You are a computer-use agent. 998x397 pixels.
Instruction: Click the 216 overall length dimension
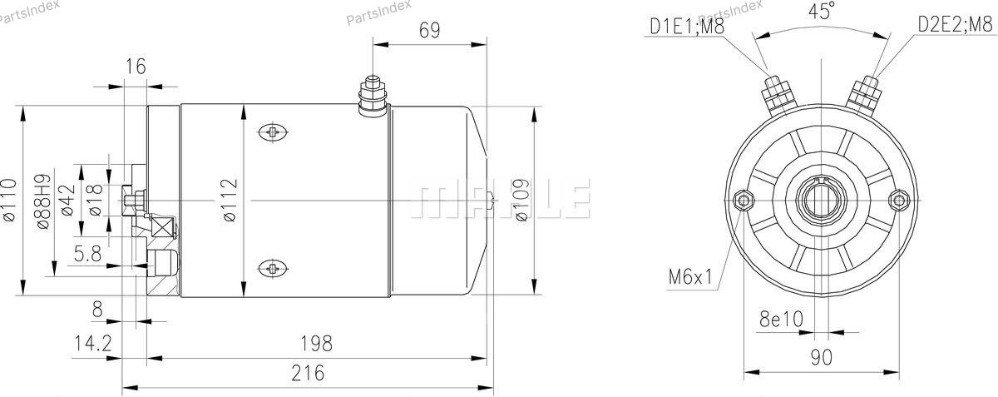[308, 373]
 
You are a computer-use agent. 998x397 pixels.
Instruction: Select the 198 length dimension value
[316, 344]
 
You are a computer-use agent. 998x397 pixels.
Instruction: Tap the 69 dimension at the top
[429, 30]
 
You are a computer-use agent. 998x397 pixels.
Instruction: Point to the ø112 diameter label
[230, 201]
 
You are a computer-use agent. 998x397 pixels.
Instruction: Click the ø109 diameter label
[521, 201]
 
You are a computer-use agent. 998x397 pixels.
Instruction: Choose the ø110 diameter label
[9, 201]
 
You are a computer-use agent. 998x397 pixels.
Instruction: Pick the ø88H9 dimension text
[43, 201]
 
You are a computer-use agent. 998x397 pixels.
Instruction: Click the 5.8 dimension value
[88, 254]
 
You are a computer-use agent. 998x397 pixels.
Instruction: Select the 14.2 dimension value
[92, 344]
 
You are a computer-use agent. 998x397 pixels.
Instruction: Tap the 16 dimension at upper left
[136, 67]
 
